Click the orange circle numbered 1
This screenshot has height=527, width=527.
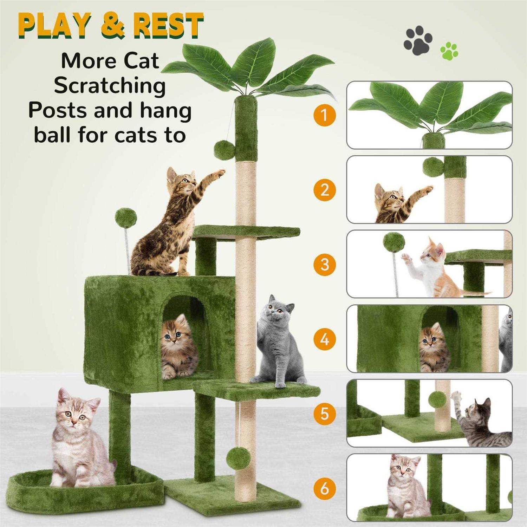point(325,115)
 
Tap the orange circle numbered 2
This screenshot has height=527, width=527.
point(325,190)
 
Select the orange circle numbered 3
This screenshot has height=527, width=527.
point(325,264)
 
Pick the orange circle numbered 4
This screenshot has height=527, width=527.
point(325,339)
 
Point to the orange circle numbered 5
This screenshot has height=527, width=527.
point(325,414)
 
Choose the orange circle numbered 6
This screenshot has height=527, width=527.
point(325,488)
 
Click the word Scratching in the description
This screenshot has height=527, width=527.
point(110,86)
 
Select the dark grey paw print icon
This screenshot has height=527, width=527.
point(418,43)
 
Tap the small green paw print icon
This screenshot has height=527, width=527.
point(449,51)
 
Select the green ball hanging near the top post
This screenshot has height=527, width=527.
point(225,149)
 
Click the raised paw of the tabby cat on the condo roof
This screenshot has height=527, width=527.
point(219,173)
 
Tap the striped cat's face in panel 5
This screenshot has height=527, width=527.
point(479,412)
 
